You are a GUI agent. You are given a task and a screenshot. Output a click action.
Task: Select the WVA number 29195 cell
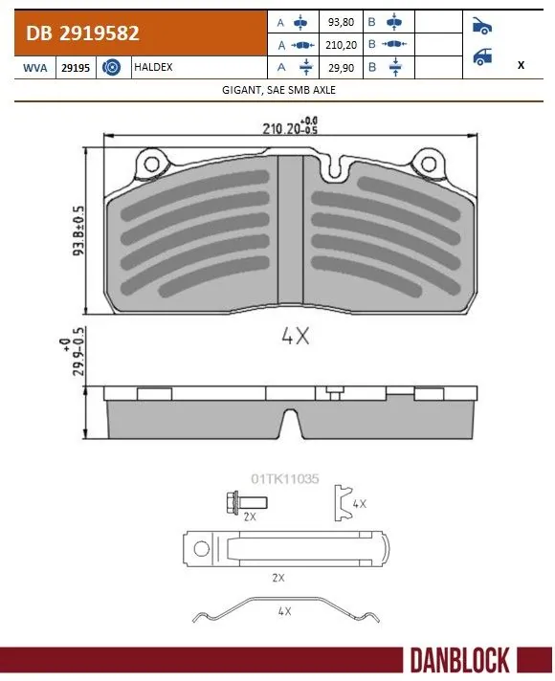pos(76,68)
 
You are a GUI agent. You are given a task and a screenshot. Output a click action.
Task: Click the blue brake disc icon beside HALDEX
pos(110,68)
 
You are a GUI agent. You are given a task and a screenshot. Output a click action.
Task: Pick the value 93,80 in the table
pos(339,21)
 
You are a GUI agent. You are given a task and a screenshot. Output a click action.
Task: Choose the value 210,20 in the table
pos(339,45)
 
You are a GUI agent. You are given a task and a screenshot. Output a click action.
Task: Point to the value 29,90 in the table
pos(339,68)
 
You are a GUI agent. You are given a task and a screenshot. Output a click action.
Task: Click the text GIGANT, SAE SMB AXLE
pos(277,89)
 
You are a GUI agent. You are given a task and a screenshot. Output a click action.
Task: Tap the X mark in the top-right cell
pos(520,66)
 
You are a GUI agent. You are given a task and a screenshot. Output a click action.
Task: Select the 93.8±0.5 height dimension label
pos(78,231)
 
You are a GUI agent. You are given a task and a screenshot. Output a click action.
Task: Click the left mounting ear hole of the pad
pos(150,166)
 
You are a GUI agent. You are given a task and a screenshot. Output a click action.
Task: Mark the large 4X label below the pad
pos(295,336)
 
